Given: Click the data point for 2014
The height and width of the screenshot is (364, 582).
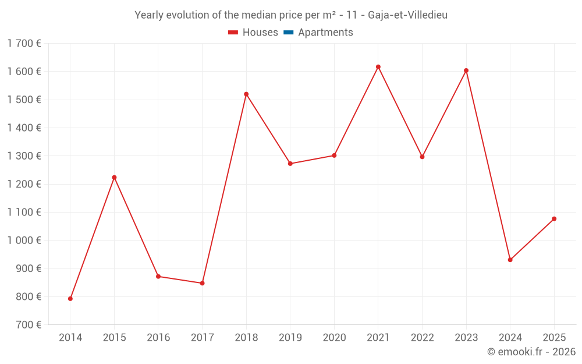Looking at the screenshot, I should tap(70, 299).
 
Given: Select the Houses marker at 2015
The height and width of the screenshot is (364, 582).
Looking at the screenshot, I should tap(114, 177).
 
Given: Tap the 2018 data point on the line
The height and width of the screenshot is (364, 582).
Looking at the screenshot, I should tap(246, 94).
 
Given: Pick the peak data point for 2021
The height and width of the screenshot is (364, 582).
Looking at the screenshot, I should tap(378, 67).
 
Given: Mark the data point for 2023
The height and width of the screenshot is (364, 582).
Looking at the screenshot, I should tap(466, 70).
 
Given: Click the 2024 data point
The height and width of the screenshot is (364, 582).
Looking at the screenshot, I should tap(510, 260).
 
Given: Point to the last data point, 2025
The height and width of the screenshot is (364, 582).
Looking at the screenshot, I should tap(554, 219).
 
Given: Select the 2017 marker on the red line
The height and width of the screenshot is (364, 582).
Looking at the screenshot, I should tap(202, 283).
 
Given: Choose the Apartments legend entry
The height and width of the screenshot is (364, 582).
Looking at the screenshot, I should tap(325, 33).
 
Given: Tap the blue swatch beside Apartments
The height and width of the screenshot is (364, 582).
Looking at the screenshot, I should tap(289, 33).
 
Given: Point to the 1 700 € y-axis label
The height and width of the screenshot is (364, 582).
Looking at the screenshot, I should tap(24, 43).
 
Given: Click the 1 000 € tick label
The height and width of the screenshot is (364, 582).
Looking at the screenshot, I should tap(24, 241).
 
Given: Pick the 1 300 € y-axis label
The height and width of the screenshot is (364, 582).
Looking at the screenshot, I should tap(24, 156).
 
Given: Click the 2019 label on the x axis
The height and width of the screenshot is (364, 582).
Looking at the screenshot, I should tap(290, 338).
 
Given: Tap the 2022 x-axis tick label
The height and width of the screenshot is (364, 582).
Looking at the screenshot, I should tap(422, 338).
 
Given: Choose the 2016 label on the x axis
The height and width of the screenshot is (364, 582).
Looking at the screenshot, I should tap(158, 338).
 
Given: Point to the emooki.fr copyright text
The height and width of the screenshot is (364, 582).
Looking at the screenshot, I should tap(531, 352).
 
